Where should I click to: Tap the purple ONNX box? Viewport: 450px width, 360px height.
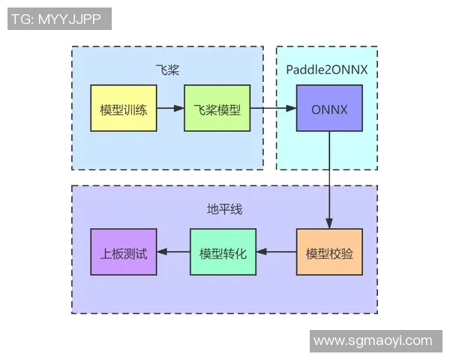(x=328, y=109)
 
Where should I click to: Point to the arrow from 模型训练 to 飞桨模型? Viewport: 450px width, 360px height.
(x=169, y=109)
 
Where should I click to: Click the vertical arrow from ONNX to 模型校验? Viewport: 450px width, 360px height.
(x=328, y=180)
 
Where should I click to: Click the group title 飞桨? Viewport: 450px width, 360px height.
(x=166, y=70)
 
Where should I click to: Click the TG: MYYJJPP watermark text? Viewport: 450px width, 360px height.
(x=59, y=18)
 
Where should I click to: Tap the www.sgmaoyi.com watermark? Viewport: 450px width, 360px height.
(x=372, y=340)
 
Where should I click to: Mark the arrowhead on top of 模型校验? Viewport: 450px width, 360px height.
(x=328, y=223)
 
